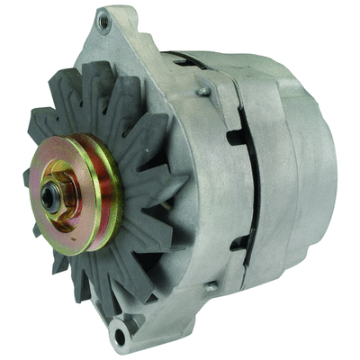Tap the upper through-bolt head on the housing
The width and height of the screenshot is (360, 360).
[x=203, y=90]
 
